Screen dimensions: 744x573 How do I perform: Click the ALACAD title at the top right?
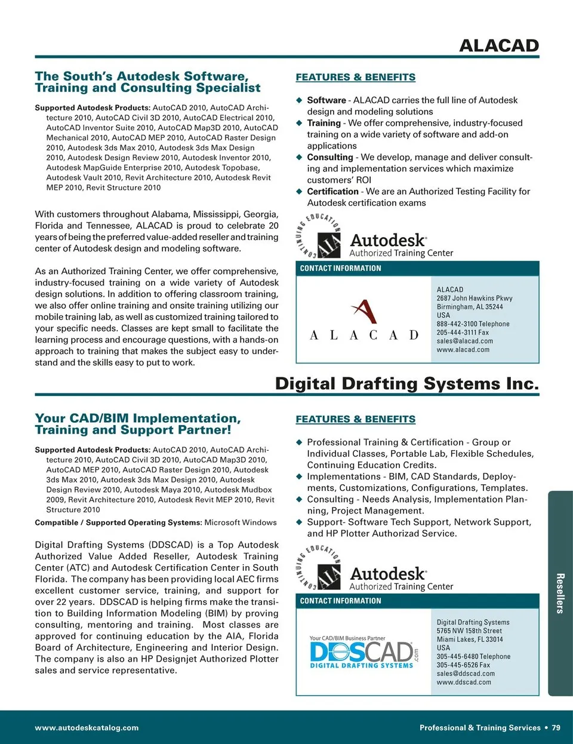coord(498,45)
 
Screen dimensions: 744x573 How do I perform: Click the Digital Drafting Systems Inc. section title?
coord(406,383)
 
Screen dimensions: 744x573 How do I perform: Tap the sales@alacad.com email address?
coord(464,341)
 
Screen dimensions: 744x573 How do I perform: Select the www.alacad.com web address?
coord(463,350)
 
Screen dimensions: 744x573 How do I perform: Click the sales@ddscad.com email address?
coord(466,674)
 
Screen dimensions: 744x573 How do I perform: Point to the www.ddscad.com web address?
coord(464,682)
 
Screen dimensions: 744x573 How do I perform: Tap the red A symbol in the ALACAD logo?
coord(363,311)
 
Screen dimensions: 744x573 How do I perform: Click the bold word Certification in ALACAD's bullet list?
coord(332,192)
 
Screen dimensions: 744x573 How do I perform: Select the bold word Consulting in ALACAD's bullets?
coord(330,157)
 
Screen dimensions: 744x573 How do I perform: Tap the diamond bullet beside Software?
coord(300,100)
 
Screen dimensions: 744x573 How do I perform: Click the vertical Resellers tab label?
coord(560,593)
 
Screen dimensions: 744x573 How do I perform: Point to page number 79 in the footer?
coord(556,728)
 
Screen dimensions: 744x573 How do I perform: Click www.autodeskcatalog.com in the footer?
coord(87,728)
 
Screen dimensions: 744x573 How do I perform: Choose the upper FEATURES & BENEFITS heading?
coord(355,77)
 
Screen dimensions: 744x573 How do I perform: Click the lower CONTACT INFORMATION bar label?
coord(340,601)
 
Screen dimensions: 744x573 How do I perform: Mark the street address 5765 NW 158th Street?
coord(469,631)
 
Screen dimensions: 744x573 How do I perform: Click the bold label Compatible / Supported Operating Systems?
coord(118,522)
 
